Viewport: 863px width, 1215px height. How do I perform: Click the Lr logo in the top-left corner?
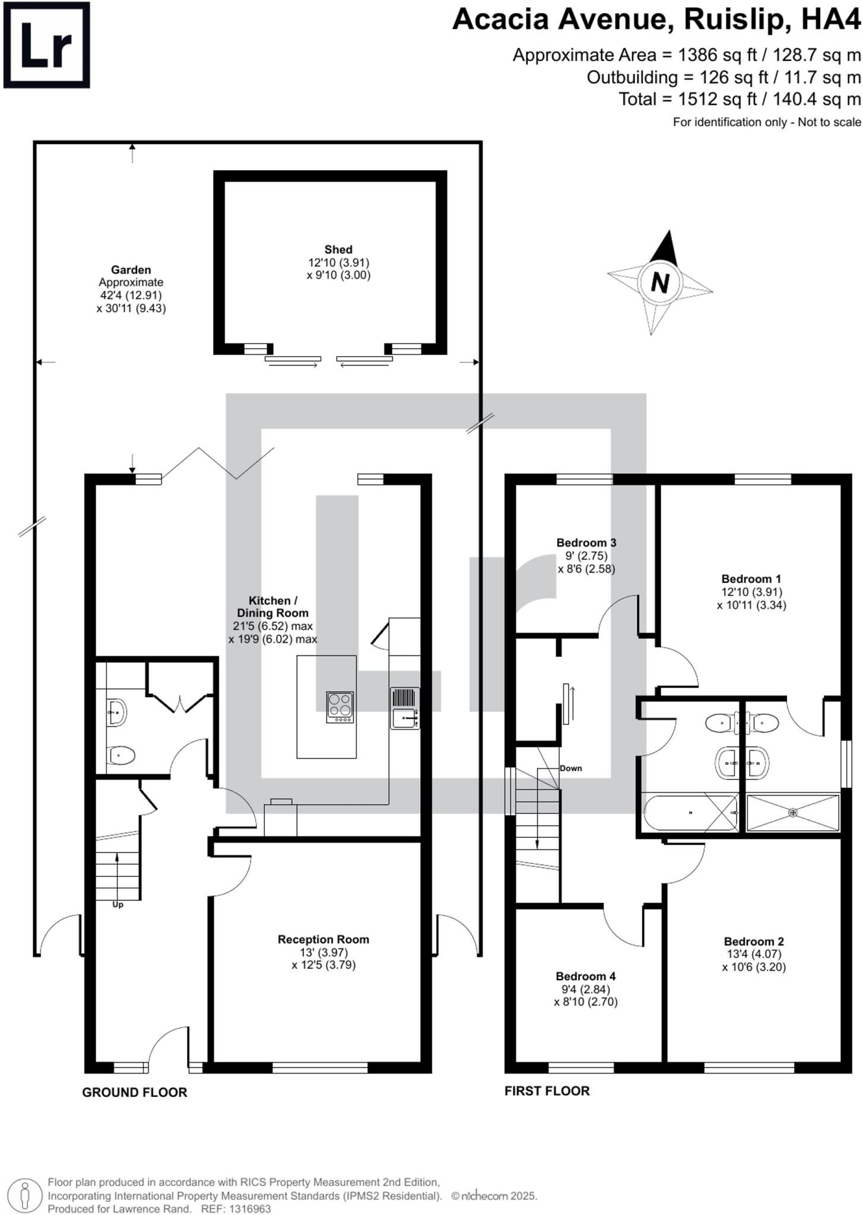46,45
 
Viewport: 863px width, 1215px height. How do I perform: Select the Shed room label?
338,250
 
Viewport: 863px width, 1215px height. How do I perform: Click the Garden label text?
131,270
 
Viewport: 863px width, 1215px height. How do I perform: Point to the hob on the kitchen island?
340,707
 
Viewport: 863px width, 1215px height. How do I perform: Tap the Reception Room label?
323,939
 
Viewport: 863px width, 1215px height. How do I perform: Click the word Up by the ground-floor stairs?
118,905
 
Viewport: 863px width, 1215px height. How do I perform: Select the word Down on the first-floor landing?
570,768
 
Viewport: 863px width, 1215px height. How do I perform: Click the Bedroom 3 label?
586,542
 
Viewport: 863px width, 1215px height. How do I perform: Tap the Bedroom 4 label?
585,976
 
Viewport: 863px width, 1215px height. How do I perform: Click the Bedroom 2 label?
754,941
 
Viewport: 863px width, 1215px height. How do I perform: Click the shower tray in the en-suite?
793,812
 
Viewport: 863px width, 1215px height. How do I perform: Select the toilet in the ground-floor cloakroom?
121,756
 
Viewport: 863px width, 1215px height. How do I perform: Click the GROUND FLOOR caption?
134,1092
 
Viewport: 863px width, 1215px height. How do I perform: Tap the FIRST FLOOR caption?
547,1090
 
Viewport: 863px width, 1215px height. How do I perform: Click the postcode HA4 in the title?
830,20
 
